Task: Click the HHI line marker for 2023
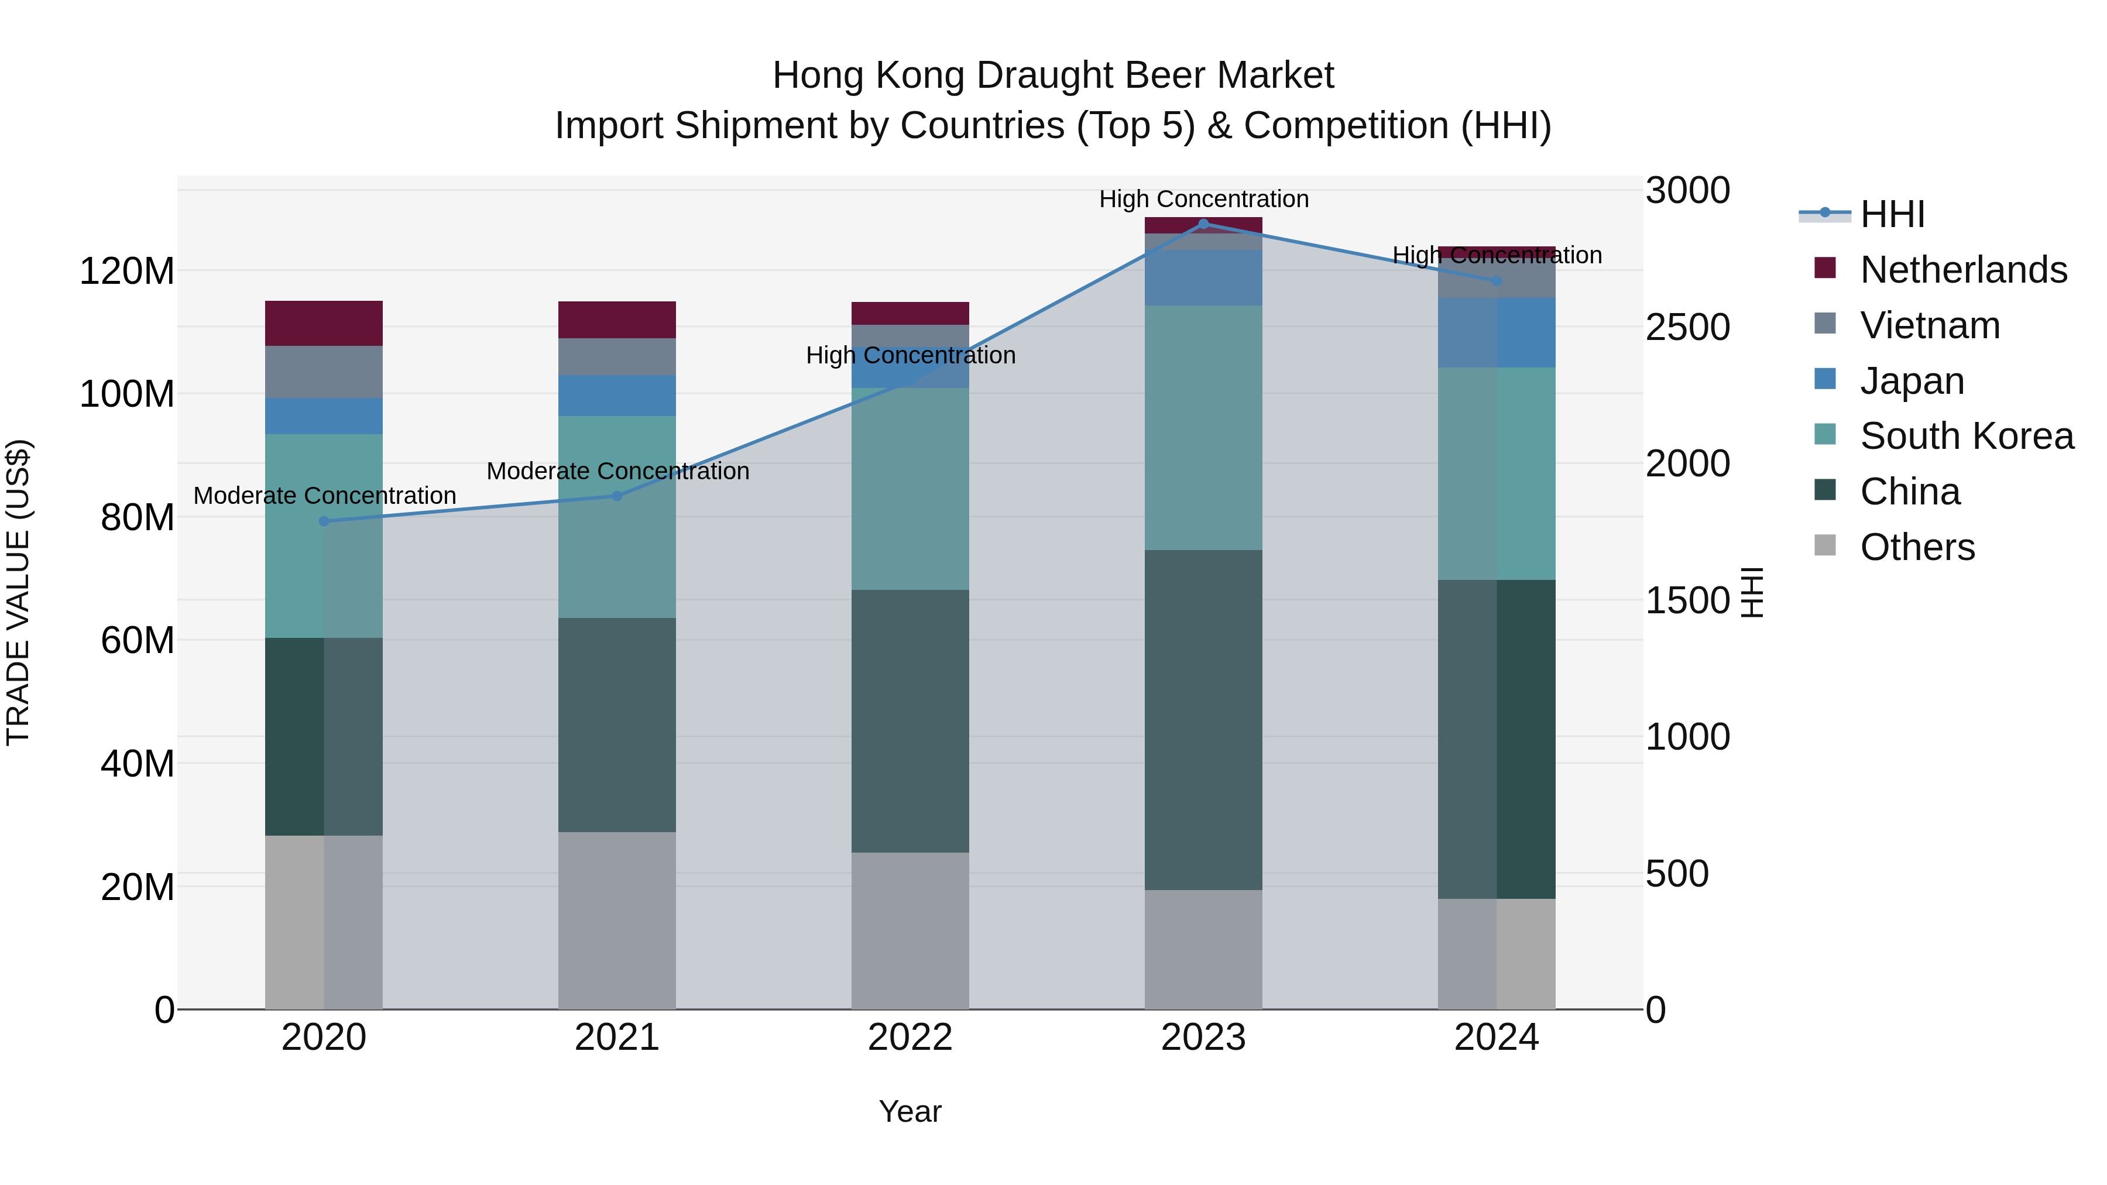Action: pyautogui.click(x=1203, y=224)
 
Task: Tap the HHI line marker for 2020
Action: pyautogui.click(x=324, y=521)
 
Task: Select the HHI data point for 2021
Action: pyautogui.click(x=617, y=496)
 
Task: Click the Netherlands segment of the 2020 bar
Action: pyautogui.click(x=324, y=323)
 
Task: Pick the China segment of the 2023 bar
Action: pyautogui.click(x=1203, y=720)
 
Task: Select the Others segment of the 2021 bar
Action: pyautogui.click(x=617, y=920)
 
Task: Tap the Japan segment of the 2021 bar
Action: pyautogui.click(x=617, y=395)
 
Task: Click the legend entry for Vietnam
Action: pyautogui.click(x=1930, y=325)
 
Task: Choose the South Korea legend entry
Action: pyautogui.click(x=1967, y=436)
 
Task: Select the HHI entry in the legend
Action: pyautogui.click(x=1892, y=214)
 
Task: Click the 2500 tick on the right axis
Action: pyautogui.click(x=1687, y=327)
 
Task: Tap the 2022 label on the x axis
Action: pyautogui.click(x=910, y=1038)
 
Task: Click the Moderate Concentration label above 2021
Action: pyautogui.click(x=617, y=471)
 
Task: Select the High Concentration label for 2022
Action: pyautogui.click(x=910, y=355)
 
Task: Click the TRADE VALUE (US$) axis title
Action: pyautogui.click(x=18, y=592)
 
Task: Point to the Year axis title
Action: pyautogui.click(x=910, y=1111)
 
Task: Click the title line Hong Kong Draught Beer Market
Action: pyautogui.click(x=1053, y=75)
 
